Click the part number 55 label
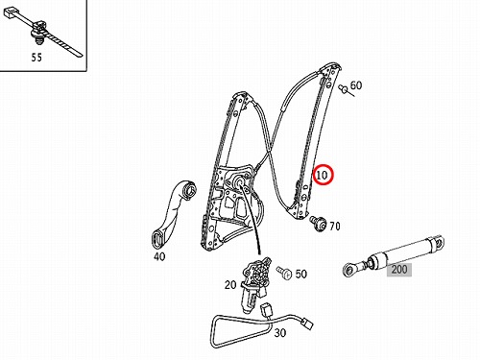tap(36, 58)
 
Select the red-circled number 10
tap(323, 175)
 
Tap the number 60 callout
tap(356, 85)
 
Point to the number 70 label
tap(335, 227)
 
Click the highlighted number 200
tap(399, 270)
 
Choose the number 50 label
tap(300, 274)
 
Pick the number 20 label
tap(230, 284)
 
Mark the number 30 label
tap(279, 333)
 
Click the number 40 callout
tap(159, 256)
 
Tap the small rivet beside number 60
tap(345, 89)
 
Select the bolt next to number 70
tap(318, 223)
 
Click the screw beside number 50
tap(285, 273)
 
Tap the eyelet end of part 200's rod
tap(349, 270)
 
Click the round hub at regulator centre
tap(239, 182)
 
